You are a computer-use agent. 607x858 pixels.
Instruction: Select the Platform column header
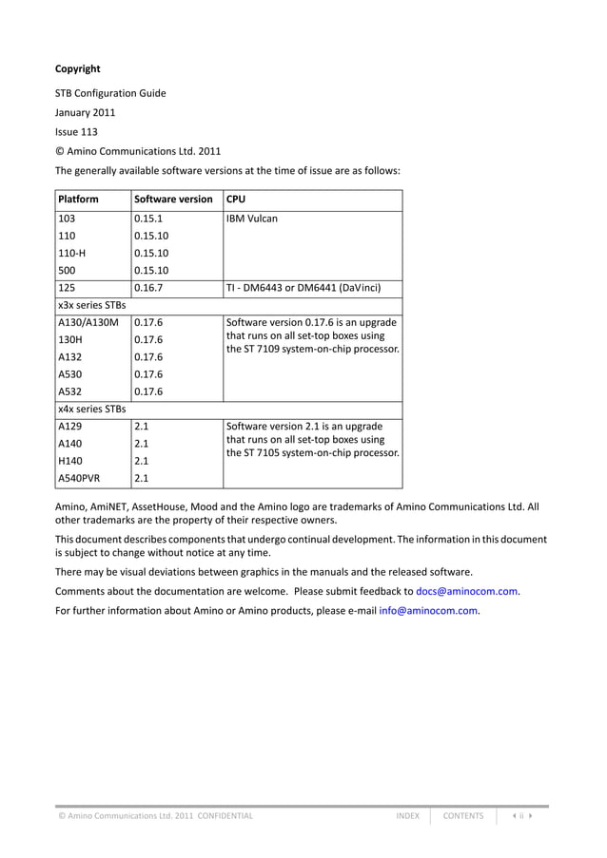coord(79,200)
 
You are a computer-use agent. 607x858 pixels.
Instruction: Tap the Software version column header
coord(173,200)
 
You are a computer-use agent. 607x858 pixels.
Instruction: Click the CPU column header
coord(236,200)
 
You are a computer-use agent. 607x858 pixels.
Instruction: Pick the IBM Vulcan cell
coord(252,218)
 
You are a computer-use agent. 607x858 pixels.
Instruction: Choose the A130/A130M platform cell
coord(88,322)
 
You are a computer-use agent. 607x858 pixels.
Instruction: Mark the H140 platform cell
coord(72,461)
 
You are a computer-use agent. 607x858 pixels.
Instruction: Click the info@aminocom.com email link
coord(428,610)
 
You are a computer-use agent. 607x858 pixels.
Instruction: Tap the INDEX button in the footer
coord(407,815)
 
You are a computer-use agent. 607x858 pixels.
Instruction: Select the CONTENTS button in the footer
coord(463,815)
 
